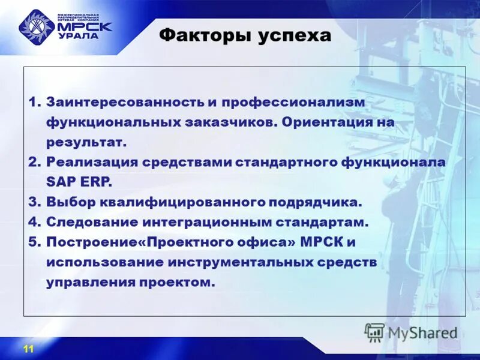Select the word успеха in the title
[x=295, y=36]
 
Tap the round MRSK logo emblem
[x=37, y=27]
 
